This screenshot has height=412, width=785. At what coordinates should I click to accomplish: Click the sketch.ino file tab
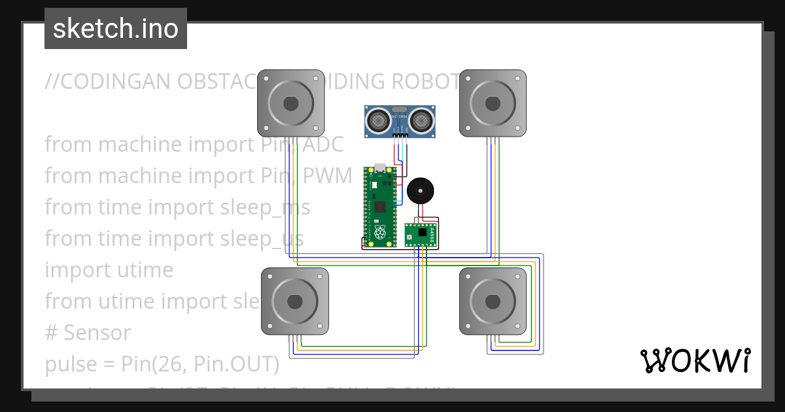click(x=116, y=29)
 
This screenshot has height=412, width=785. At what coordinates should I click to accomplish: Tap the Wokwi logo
click(x=695, y=361)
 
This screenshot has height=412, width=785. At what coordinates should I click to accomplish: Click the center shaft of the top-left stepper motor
click(x=290, y=103)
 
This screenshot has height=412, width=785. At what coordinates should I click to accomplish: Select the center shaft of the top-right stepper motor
click(x=493, y=103)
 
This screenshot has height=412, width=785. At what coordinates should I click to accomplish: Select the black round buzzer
click(x=419, y=191)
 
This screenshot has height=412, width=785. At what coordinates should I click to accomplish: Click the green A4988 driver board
click(x=420, y=234)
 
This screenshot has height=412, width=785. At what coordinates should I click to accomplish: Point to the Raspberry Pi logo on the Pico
click(x=379, y=232)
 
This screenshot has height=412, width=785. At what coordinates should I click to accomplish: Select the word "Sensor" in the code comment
click(x=97, y=333)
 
